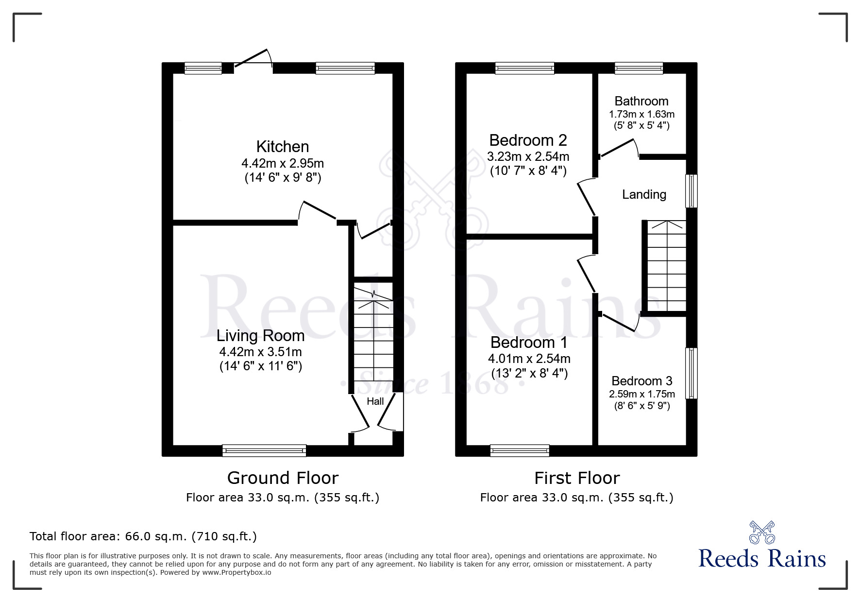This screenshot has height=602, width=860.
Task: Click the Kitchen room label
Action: [x=282, y=147]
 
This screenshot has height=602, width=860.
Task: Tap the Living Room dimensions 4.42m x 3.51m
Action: [x=260, y=352]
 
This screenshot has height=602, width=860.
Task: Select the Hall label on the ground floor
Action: [x=375, y=401]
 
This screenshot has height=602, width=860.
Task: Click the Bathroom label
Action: [x=641, y=101]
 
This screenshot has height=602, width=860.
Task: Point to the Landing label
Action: [x=644, y=194]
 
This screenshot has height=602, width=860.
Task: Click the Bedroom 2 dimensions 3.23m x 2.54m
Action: [x=528, y=157]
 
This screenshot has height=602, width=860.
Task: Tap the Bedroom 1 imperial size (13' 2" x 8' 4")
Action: [x=529, y=373]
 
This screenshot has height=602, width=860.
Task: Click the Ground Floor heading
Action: [x=282, y=478]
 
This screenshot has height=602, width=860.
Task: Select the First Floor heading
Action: [x=576, y=478]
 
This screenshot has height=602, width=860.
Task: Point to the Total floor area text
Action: [x=143, y=536]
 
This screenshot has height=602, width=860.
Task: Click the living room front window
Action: [x=264, y=451]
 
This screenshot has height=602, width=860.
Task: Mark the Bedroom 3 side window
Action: [x=691, y=373]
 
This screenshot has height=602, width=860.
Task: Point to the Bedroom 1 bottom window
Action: [x=520, y=451]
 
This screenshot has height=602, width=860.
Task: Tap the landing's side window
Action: [x=691, y=191]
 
